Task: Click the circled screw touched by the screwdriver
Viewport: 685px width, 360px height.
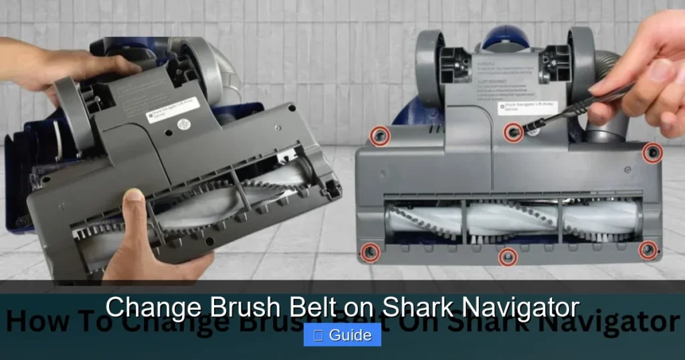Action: [513, 132]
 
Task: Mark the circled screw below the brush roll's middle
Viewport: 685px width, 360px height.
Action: [508, 256]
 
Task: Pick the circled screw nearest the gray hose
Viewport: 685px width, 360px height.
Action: [652, 153]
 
